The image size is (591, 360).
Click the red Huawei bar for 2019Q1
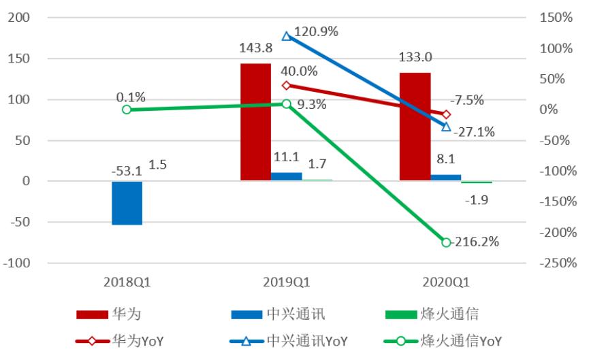(255, 122)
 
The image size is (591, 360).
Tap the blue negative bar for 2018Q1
(127, 203)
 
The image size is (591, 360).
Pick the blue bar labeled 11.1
(287, 177)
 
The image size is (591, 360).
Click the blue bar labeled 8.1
(446, 178)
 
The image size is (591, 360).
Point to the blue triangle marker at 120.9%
(287, 36)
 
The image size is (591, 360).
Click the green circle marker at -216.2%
(446, 242)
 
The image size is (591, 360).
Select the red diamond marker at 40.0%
(287, 85)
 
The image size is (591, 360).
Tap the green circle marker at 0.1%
(127, 110)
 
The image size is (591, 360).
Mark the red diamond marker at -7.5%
(446, 114)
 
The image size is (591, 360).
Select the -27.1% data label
(476, 131)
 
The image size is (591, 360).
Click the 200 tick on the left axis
(16, 18)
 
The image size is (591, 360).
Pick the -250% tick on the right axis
(556, 263)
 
